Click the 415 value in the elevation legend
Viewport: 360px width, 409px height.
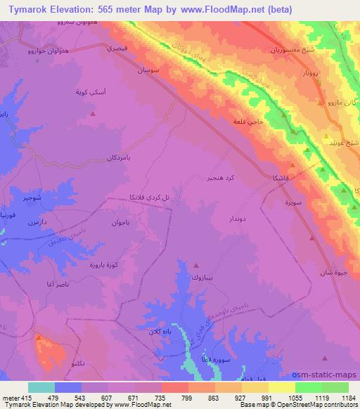[27, 397]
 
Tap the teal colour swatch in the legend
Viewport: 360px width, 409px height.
[41, 387]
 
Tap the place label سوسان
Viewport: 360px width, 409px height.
[155, 71]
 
